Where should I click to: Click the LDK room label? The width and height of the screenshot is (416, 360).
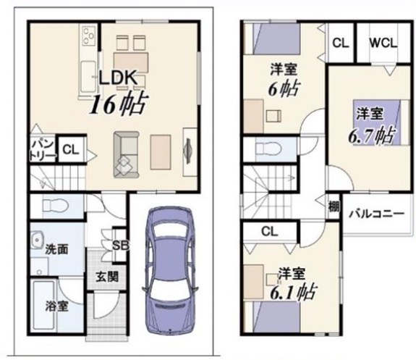click(118, 78)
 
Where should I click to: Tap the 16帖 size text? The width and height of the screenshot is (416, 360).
click(119, 104)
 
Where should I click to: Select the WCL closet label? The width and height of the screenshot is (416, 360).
click(383, 43)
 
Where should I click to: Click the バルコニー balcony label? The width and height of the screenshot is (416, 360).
click(376, 214)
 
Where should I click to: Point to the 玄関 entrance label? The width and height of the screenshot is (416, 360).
click(107, 277)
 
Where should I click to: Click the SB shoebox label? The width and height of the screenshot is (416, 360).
click(120, 246)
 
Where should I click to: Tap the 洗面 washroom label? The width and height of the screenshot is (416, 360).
click(56, 249)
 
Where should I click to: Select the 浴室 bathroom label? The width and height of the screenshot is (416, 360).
click(56, 306)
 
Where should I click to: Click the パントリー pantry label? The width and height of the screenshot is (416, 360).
click(43, 151)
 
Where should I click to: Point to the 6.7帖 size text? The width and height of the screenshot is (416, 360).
click(371, 135)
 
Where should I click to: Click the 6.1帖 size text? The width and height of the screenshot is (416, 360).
click(293, 291)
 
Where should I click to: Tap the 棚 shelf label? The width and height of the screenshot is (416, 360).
click(334, 206)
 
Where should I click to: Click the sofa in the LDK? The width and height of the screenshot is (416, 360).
click(127, 154)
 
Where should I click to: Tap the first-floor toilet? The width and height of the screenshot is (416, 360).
click(56, 206)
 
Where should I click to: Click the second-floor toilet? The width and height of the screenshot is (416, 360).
click(268, 149)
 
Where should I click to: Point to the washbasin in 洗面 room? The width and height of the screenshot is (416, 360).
click(36, 239)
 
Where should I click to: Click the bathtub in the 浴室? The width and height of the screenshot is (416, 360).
click(44, 305)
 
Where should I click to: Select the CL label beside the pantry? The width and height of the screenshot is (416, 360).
click(71, 150)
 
